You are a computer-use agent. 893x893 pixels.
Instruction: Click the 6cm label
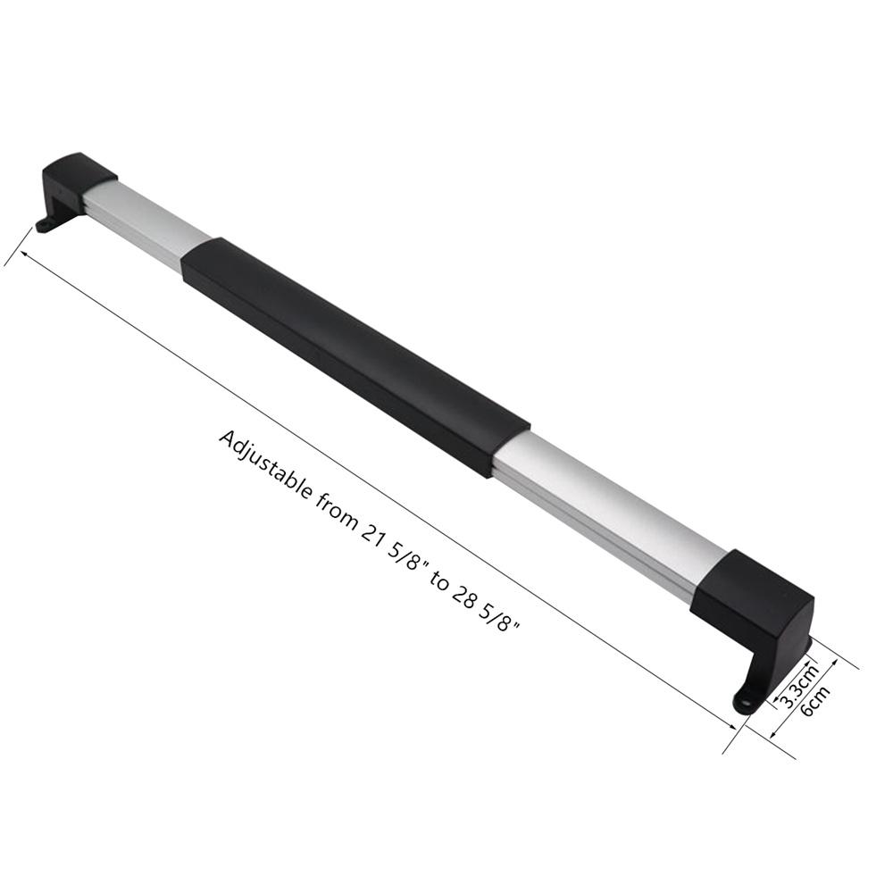(x=814, y=700)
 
